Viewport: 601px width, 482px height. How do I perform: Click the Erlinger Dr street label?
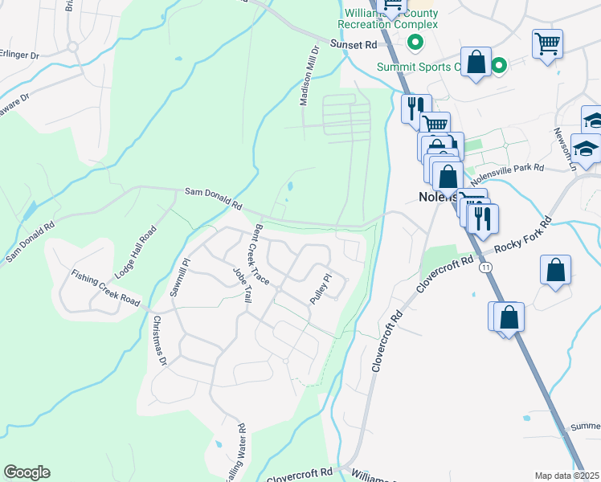19,55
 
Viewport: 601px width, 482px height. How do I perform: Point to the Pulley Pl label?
321,290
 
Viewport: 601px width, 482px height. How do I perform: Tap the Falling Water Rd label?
239,454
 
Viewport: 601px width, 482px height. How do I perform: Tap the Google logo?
27,472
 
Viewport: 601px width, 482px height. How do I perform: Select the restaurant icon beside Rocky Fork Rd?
483,218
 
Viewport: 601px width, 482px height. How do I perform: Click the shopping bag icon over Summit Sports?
476,63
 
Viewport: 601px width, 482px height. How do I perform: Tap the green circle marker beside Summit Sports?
499,66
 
